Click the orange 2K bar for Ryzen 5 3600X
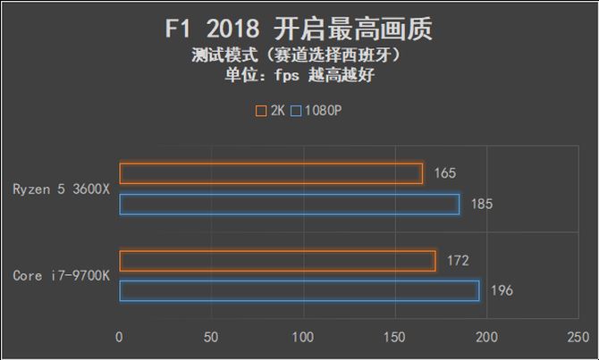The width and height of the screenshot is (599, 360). (271, 173)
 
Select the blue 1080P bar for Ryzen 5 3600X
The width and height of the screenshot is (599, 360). (289, 205)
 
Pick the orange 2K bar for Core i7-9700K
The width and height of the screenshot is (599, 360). (277, 261)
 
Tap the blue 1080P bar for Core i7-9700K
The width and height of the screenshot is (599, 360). (299, 291)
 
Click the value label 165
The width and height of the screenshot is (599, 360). (445, 173)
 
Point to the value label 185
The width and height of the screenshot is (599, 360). (482, 205)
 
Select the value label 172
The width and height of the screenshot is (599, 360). (458, 261)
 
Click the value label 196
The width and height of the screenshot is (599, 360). (502, 291)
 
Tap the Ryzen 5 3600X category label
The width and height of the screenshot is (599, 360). (60, 188)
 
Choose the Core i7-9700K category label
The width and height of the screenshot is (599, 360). (61, 276)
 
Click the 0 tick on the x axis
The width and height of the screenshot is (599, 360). (120, 338)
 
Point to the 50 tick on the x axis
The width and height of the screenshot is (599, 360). (211, 338)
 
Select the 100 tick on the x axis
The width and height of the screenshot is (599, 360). (303, 338)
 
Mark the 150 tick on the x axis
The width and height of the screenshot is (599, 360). (394, 338)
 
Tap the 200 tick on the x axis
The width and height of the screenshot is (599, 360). (485, 338)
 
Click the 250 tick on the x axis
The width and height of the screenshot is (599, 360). (578, 338)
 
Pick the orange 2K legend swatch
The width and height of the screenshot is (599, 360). (261, 112)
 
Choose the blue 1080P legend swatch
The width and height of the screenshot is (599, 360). (297, 112)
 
